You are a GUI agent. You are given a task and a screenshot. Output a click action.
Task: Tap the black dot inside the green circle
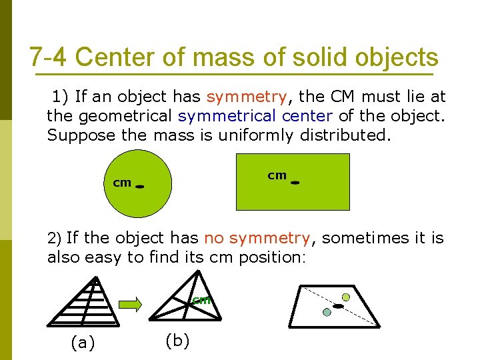tap(140, 187)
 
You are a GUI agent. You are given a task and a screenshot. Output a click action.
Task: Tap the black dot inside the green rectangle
tap(295, 182)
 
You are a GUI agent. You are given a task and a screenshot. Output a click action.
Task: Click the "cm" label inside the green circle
tap(122, 182)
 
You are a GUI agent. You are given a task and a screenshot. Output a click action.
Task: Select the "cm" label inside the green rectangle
tap(277, 175)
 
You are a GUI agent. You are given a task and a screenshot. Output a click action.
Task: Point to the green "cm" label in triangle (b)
tap(201, 300)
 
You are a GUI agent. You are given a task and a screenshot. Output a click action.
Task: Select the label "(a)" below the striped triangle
tap(83, 343)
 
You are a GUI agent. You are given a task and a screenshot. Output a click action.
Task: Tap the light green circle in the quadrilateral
tap(346, 297)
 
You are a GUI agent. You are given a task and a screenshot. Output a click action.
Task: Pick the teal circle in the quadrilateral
tap(327, 312)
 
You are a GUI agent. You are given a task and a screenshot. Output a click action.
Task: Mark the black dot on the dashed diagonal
tap(339, 306)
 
